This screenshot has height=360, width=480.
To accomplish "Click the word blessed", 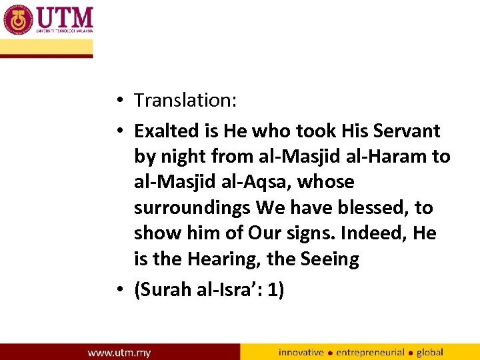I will (372, 208).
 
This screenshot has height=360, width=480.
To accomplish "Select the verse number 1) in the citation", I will (274, 291).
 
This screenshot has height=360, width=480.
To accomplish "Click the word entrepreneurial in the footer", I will (369, 352).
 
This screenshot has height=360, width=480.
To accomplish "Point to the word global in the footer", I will (429, 352).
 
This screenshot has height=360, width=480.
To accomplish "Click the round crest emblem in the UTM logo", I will (18, 19).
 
